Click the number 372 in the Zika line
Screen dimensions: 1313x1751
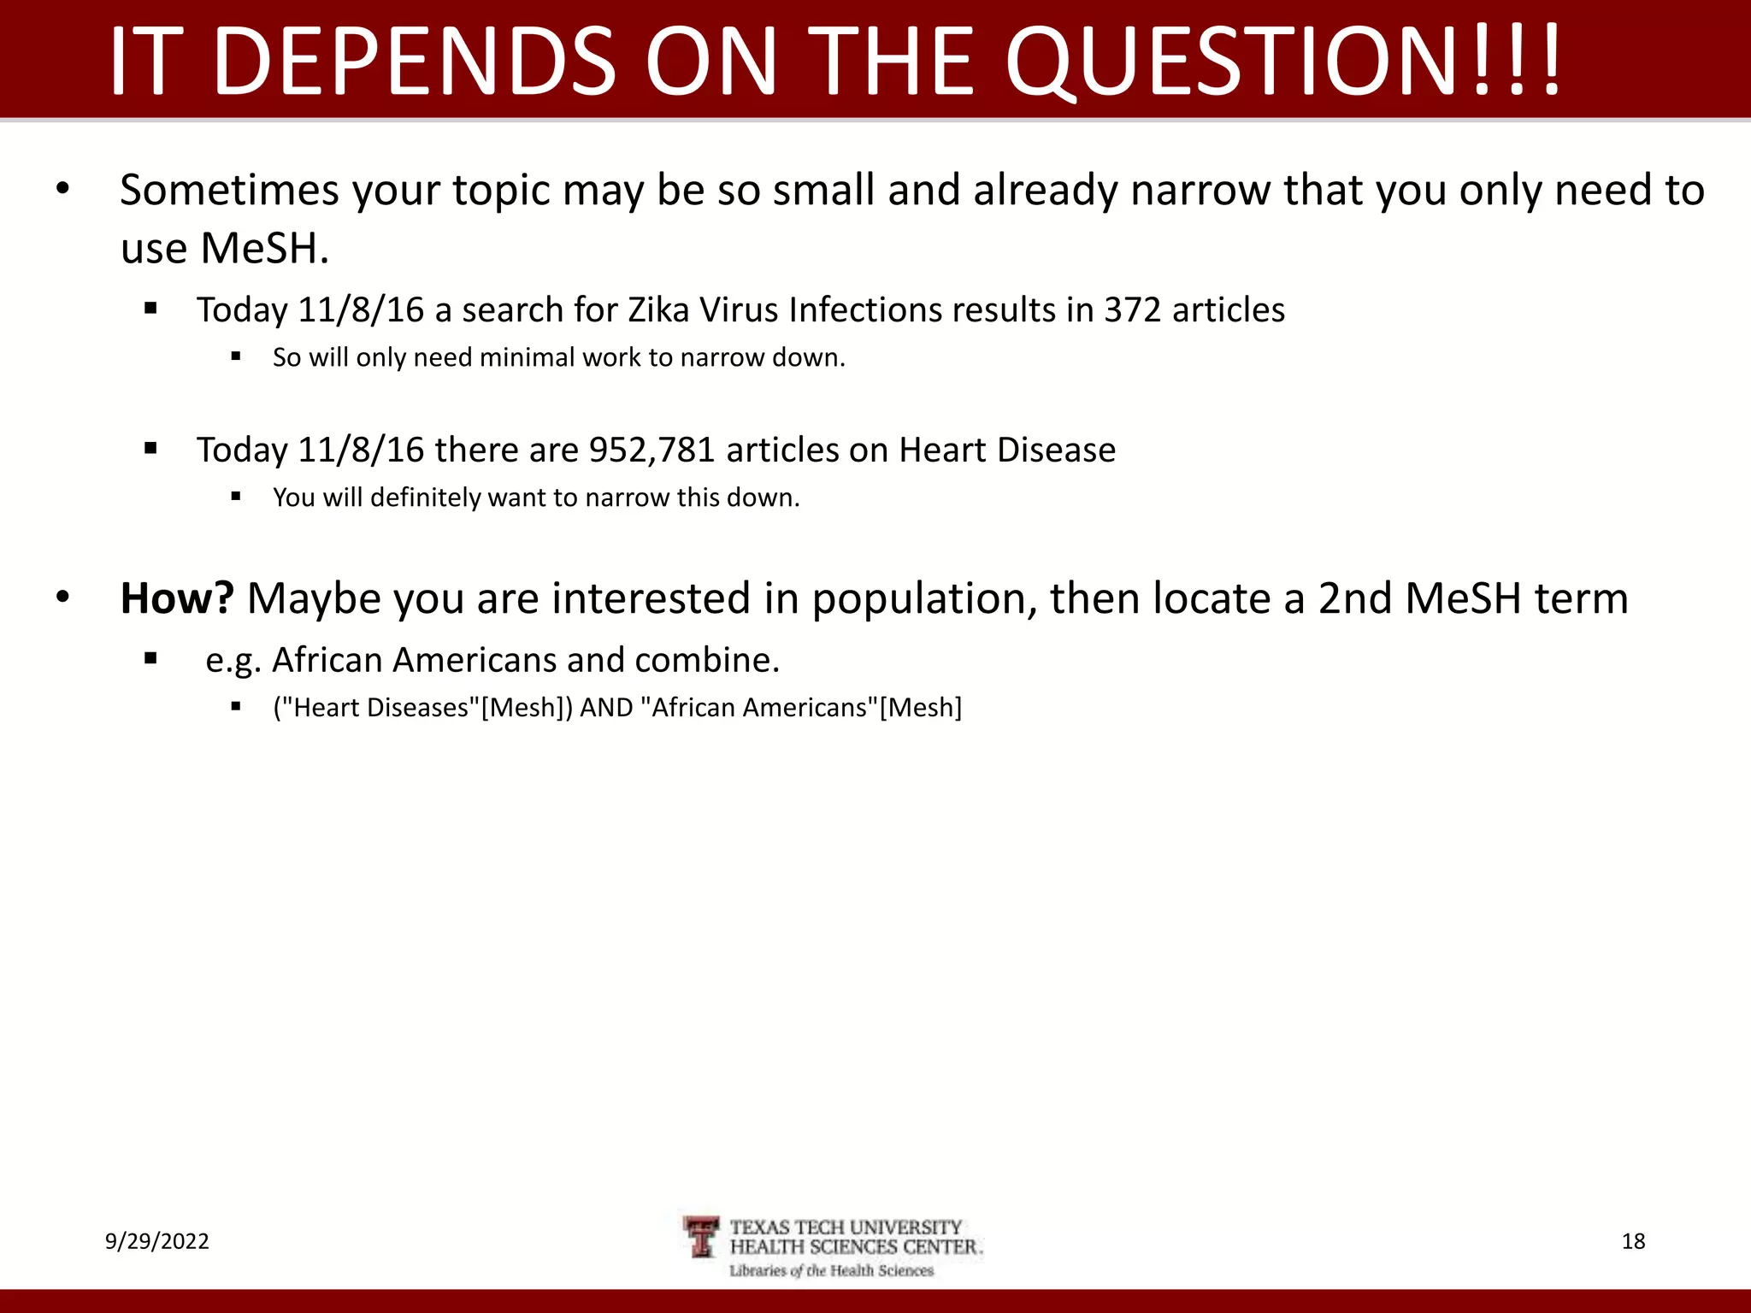[x=1132, y=310]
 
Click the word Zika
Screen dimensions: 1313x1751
[x=657, y=310]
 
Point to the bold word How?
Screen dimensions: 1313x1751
[x=176, y=598]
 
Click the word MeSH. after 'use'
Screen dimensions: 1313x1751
[x=264, y=250]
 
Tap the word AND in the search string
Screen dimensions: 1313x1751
[x=606, y=708]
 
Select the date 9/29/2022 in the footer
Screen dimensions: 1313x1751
[x=157, y=1241]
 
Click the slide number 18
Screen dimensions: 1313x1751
[x=1633, y=1241]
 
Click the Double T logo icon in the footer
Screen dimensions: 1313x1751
[x=703, y=1238]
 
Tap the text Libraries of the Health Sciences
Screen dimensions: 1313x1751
[x=831, y=1271]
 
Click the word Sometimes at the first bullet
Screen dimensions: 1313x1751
[x=229, y=191]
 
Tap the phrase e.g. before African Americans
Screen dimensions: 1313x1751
[x=233, y=661]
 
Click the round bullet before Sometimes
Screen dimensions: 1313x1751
[x=62, y=189]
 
